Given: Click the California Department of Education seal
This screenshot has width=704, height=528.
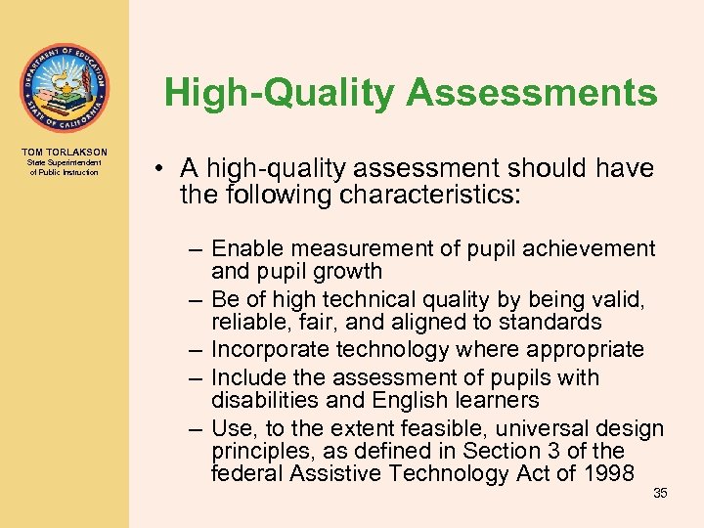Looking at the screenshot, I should [64, 88].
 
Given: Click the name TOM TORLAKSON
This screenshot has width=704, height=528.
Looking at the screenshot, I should [64, 152].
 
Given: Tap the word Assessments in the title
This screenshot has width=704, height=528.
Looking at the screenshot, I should [531, 93].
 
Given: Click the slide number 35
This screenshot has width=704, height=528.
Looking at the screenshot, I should [660, 493].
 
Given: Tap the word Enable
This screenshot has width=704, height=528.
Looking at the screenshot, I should [244, 248].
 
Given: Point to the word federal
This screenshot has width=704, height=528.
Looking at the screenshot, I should [243, 474].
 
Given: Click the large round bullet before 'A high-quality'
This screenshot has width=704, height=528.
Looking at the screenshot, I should [158, 169].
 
